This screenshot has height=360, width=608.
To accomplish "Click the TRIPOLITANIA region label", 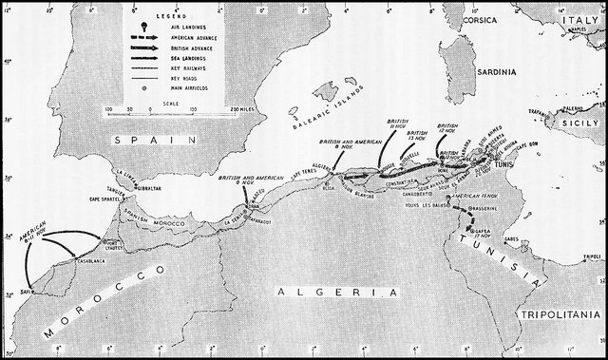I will tap(560, 313).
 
